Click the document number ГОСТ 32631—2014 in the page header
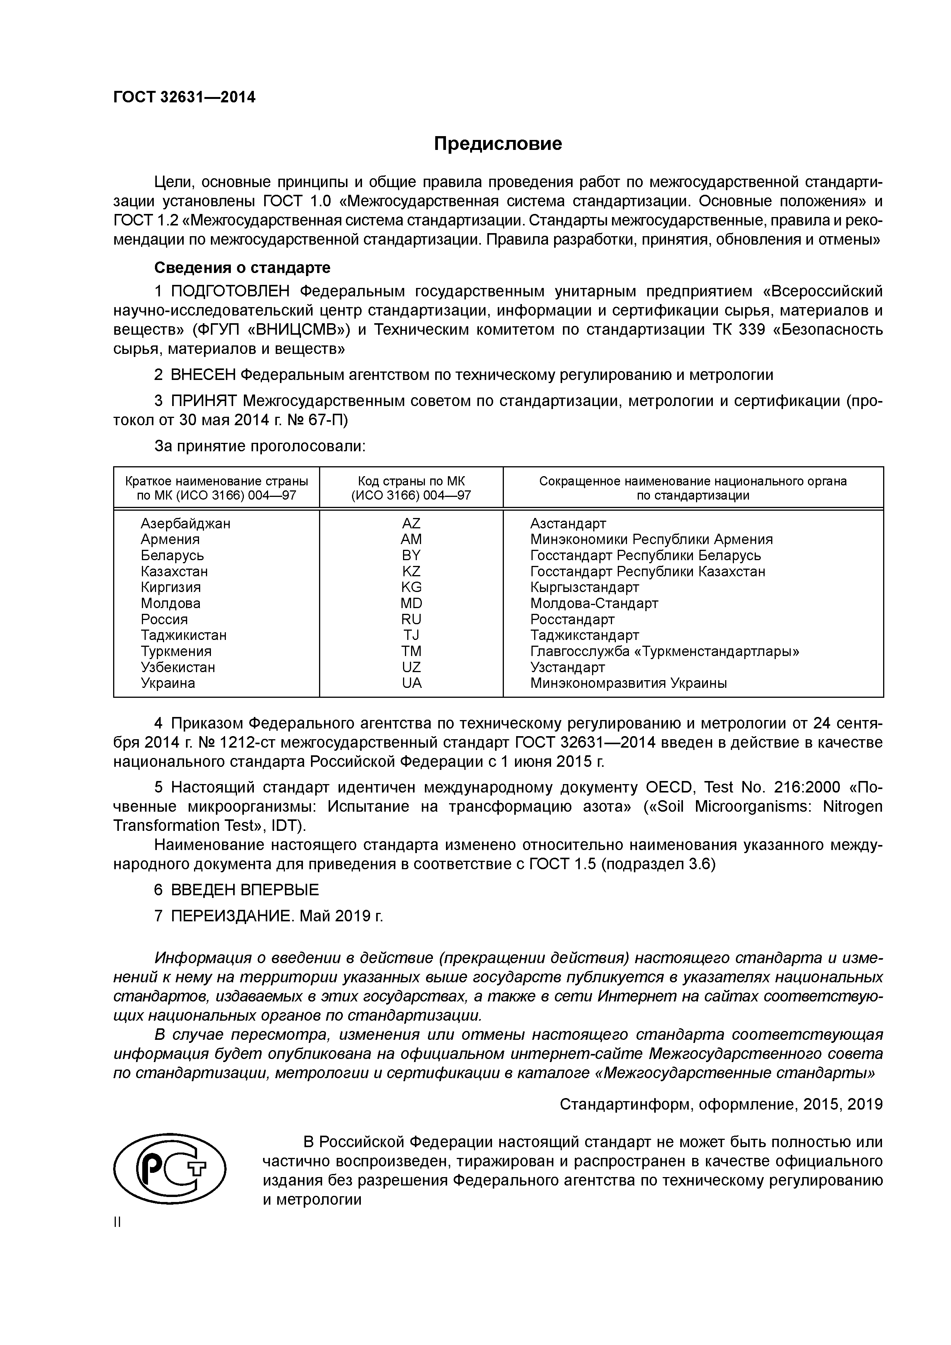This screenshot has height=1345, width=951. coord(184,97)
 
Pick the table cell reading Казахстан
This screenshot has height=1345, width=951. coord(174,571)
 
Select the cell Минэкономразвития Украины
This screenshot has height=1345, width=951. coord(628,683)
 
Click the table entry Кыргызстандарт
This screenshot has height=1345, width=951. coord(584,587)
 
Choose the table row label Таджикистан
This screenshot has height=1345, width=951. coord(183,635)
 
